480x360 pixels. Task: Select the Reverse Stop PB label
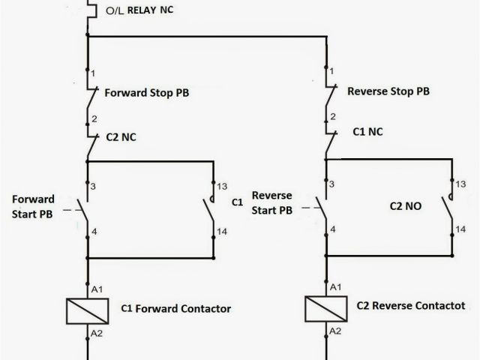click(388, 91)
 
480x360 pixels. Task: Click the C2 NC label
click(120, 136)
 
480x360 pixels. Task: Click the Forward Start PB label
click(34, 205)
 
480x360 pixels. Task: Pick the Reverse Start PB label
click(272, 203)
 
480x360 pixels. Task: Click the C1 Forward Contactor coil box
click(88, 309)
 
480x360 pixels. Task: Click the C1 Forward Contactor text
click(175, 308)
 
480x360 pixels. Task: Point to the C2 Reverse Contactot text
click(409, 306)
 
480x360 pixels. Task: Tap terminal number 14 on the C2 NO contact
click(460, 228)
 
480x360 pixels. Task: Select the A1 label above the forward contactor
click(96, 289)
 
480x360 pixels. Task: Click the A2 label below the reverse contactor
click(335, 330)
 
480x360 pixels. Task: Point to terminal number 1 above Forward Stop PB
click(92, 73)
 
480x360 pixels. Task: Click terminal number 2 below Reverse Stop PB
click(332, 118)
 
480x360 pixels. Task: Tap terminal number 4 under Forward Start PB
click(94, 231)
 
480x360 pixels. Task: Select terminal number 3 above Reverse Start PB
click(332, 184)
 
